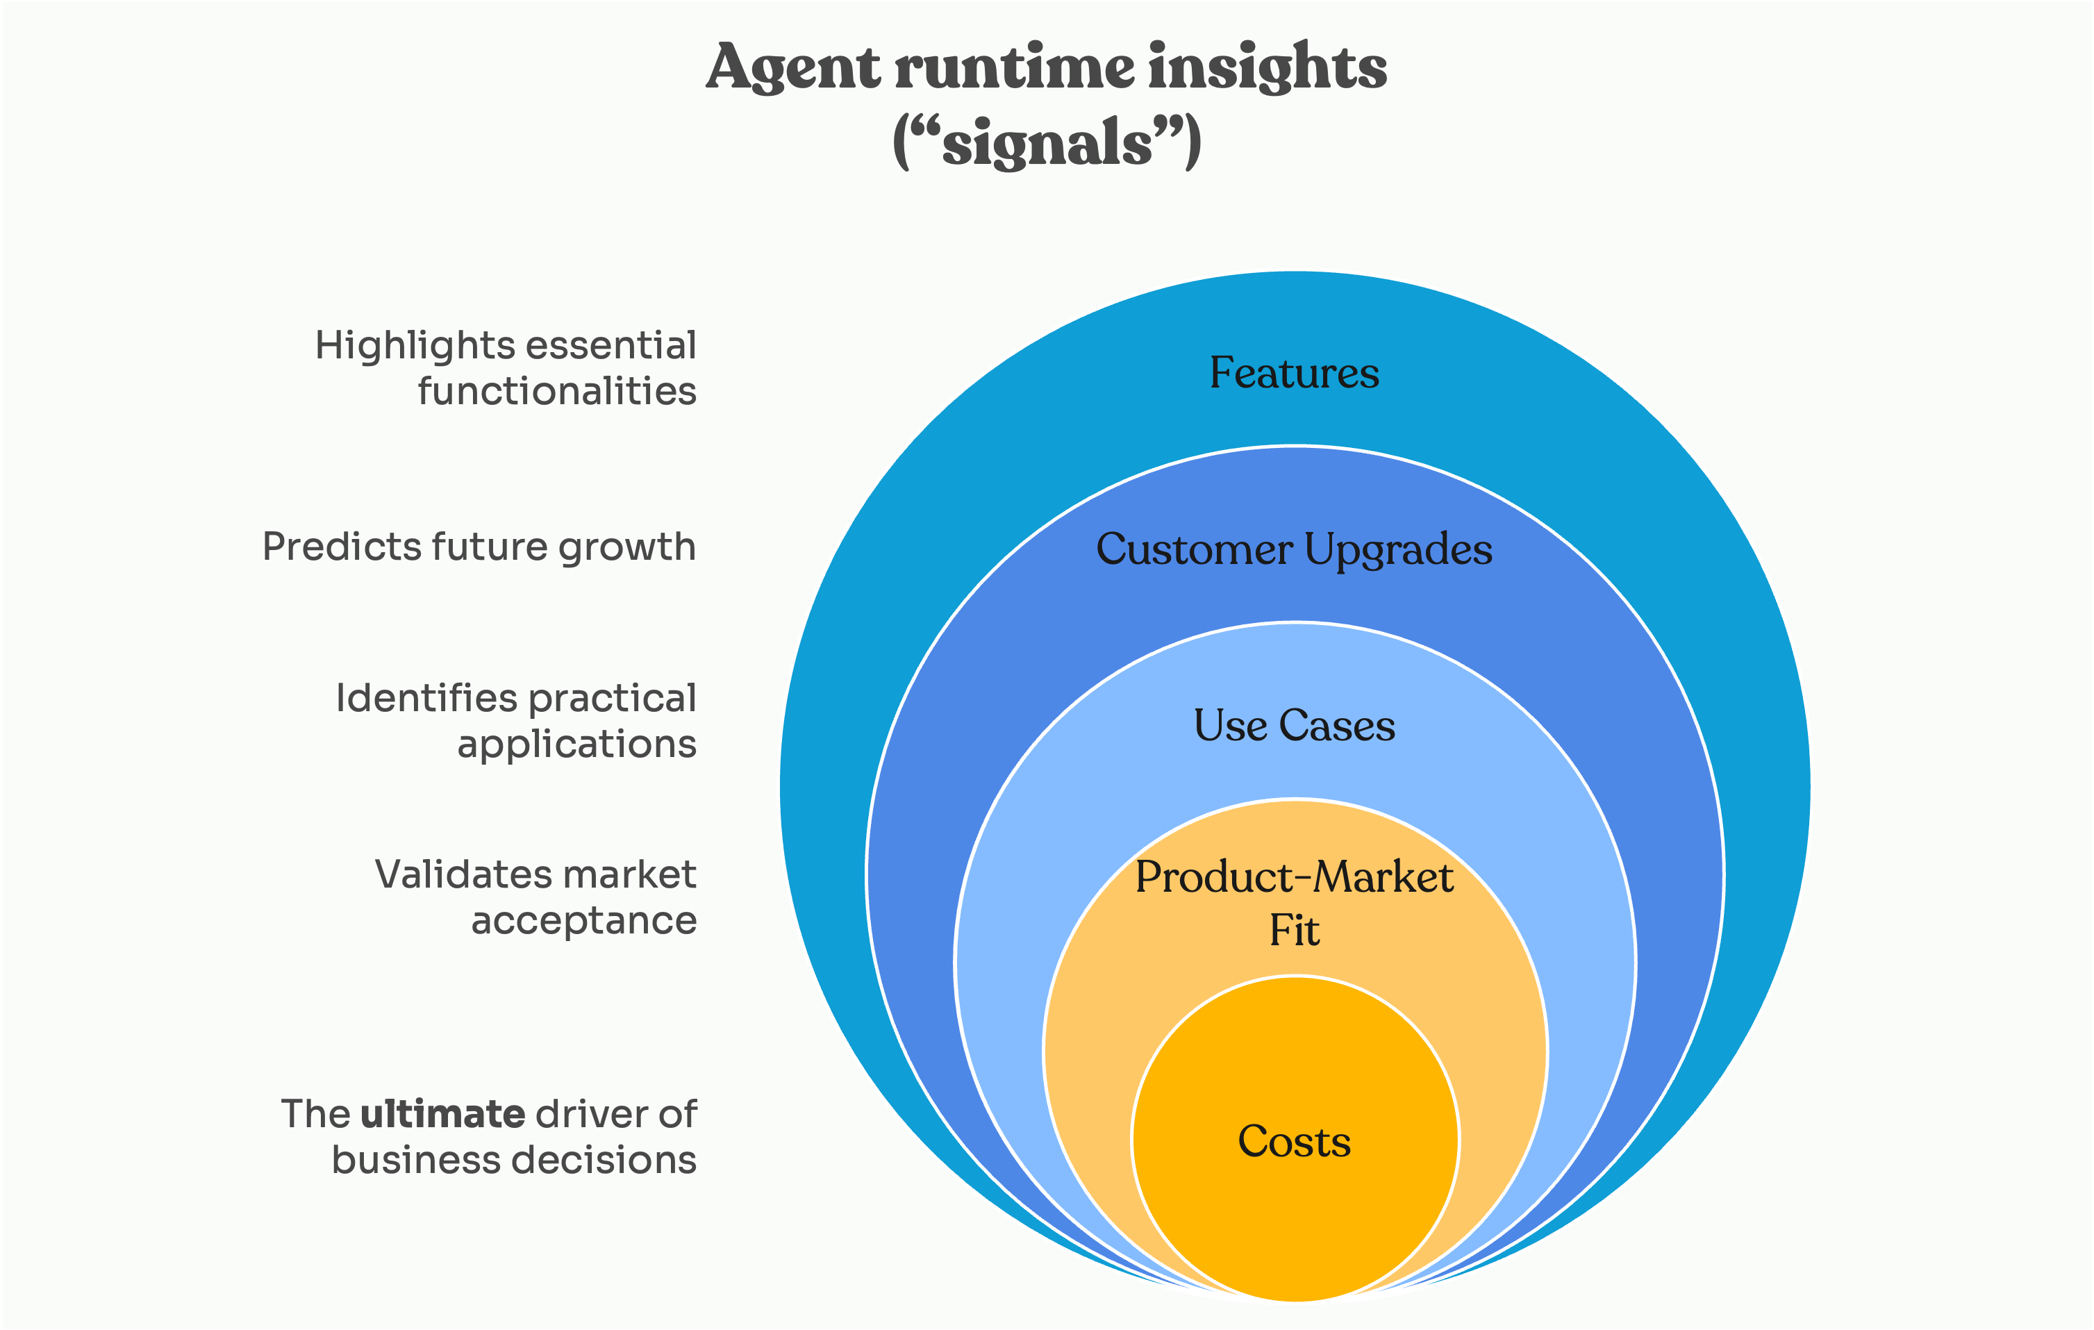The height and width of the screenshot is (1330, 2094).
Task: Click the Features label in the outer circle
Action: pyautogui.click(x=1294, y=373)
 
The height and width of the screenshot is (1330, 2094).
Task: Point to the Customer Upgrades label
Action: pyautogui.click(x=1294, y=550)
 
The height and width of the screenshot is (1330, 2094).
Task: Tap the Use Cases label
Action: pyautogui.click(x=1294, y=726)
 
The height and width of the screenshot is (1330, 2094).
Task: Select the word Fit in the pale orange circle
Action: pyautogui.click(x=1294, y=931)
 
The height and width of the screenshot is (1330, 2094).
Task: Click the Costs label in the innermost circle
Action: pyautogui.click(x=1294, y=1141)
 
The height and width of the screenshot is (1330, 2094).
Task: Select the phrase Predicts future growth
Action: pyautogui.click(x=479, y=547)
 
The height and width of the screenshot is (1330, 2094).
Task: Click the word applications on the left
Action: pyautogui.click(x=576, y=745)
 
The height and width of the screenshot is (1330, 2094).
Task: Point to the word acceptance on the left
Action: pyautogui.click(x=583, y=920)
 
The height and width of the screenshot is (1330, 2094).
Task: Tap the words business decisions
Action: pyautogui.click(x=514, y=1161)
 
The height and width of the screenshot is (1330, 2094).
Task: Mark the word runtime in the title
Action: pyautogui.click(x=1014, y=68)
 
